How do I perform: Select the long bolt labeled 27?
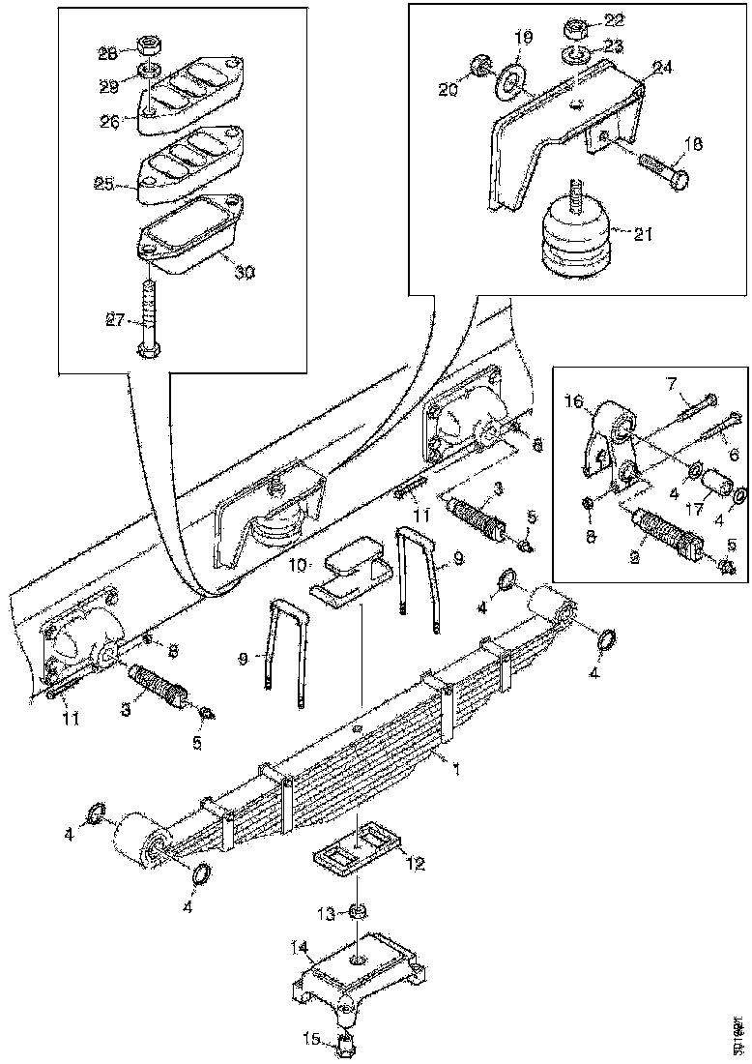point(148,315)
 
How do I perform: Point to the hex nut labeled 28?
point(150,45)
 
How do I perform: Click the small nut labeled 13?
point(358,910)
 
